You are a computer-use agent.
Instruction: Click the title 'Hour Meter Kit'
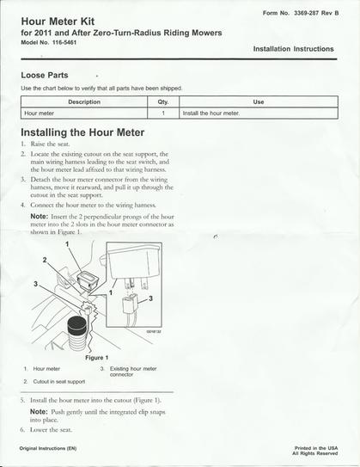click(61, 21)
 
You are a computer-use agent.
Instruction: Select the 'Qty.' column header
click(162, 101)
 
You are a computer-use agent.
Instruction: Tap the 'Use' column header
click(259, 101)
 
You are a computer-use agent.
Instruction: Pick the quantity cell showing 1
click(162, 113)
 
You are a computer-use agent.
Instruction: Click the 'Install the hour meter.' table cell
click(211, 113)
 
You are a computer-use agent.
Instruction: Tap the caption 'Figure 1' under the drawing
click(95, 357)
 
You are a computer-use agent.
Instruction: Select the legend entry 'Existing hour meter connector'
click(133, 372)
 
